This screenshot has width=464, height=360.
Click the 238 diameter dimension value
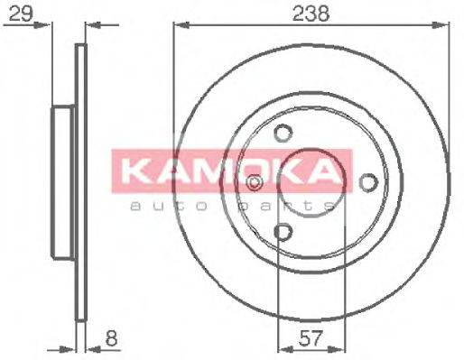[x=310, y=14]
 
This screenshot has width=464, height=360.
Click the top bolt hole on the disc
[x=283, y=133]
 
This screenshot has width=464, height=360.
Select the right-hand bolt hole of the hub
[x=367, y=183]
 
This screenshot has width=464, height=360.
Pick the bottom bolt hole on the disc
[x=283, y=234]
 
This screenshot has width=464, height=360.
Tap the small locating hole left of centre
[x=255, y=183]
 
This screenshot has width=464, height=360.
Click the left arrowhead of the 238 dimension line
[x=178, y=25]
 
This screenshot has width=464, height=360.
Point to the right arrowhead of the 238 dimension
[x=445, y=25]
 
